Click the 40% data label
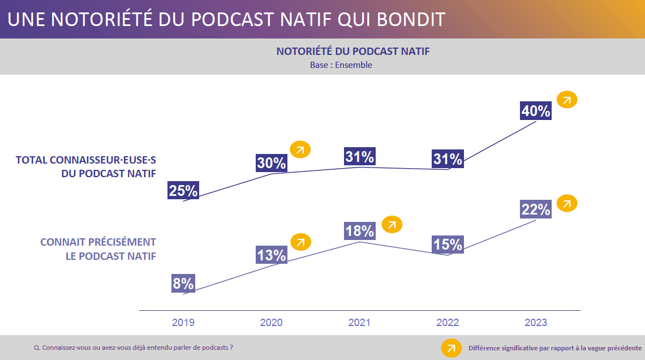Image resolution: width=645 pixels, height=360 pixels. (535, 110)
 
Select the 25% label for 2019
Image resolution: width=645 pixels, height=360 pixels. (183, 191)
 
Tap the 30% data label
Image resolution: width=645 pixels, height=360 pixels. (271, 163)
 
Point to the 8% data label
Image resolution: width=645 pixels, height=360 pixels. (183, 283)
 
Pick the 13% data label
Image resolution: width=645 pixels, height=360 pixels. (271, 255)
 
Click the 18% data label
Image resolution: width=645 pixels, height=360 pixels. (359, 231)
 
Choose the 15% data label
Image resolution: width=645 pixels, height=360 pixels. (448, 245)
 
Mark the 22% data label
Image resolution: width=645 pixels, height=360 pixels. (535, 209)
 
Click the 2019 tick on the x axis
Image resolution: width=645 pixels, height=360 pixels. (183, 323)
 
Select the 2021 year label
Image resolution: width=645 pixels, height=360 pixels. (359, 323)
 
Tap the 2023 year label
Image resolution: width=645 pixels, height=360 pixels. (536, 323)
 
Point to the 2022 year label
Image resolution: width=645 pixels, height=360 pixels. (448, 323)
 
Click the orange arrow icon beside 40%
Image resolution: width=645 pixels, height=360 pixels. (567, 100)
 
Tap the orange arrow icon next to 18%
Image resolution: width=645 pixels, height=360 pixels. (392, 224)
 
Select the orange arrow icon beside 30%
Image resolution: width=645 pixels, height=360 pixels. (300, 149)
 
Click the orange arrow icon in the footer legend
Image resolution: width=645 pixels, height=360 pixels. (451, 348)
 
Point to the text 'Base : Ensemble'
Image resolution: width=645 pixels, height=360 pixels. (341, 65)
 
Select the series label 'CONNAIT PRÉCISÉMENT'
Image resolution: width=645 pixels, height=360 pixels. (98, 242)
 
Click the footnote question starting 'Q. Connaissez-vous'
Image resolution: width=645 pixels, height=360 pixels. (134, 348)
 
